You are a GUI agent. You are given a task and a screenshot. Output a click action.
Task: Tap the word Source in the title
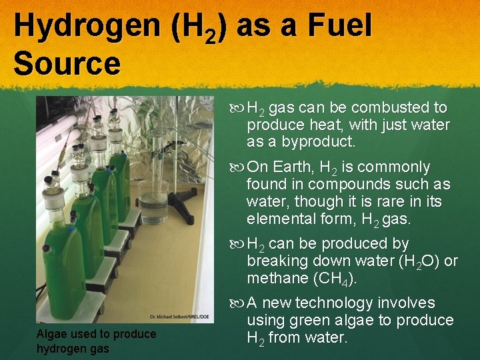click(x=67, y=65)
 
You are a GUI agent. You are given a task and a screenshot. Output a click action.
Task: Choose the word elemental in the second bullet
click(x=274, y=219)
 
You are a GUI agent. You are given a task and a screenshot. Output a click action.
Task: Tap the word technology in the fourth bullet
click(x=343, y=303)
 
